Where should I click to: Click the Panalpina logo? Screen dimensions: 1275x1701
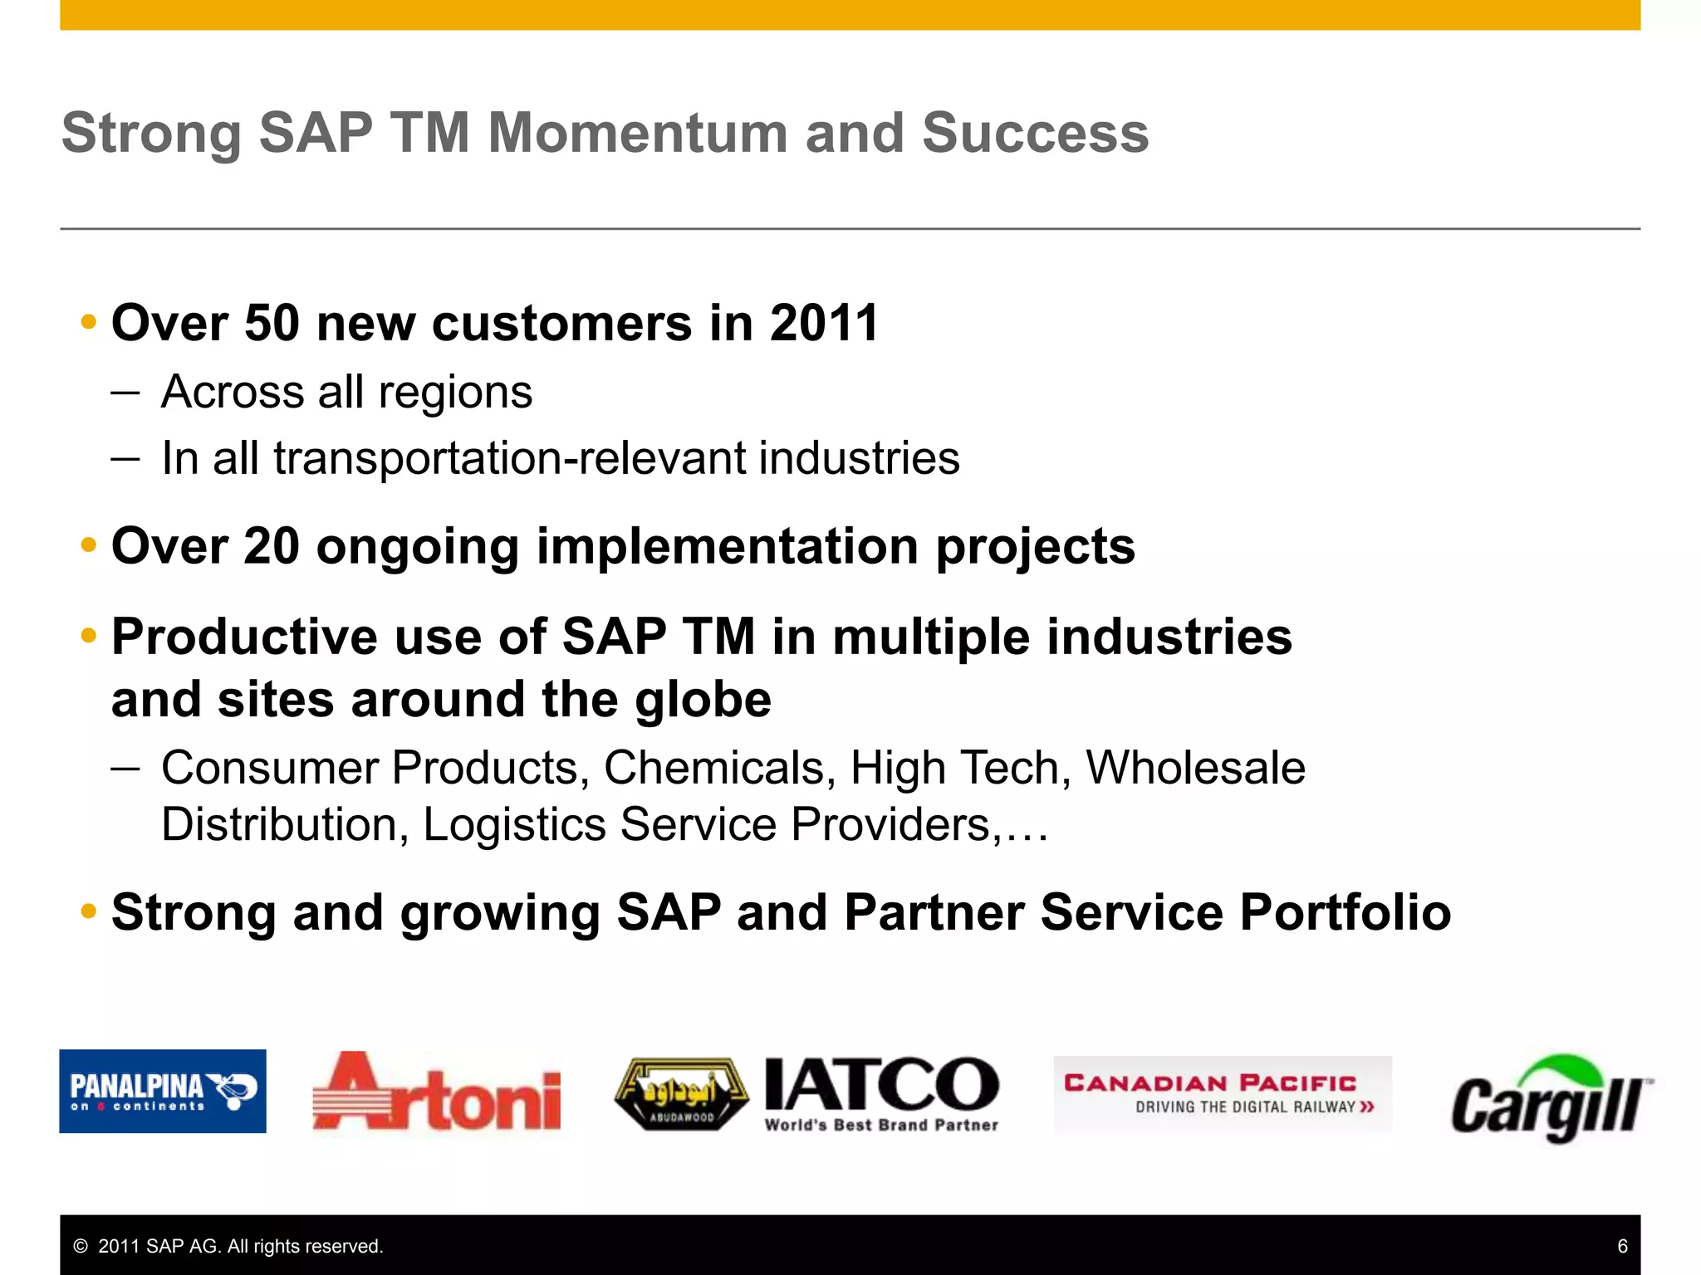(x=163, y=1091)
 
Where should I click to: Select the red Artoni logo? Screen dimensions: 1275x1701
(x=437, y=1092)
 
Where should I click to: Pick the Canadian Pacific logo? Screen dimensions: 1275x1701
(x=1222, y=1092)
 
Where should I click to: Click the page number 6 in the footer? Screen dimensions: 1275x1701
(x=1622, y=1246)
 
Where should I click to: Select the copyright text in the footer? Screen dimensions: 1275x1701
(x=228, y=1246)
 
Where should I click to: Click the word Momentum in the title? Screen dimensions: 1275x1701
(x=638, y=133)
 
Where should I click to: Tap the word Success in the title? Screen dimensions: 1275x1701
(x=1035, y=133)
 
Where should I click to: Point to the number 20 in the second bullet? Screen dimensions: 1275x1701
(x=271, y=546)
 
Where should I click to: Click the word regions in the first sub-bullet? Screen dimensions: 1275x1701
(x=455, y=393)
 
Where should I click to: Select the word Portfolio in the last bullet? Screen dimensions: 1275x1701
(x=1346, y=912)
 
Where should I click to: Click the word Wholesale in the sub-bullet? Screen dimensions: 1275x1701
(x=1195, y=768)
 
